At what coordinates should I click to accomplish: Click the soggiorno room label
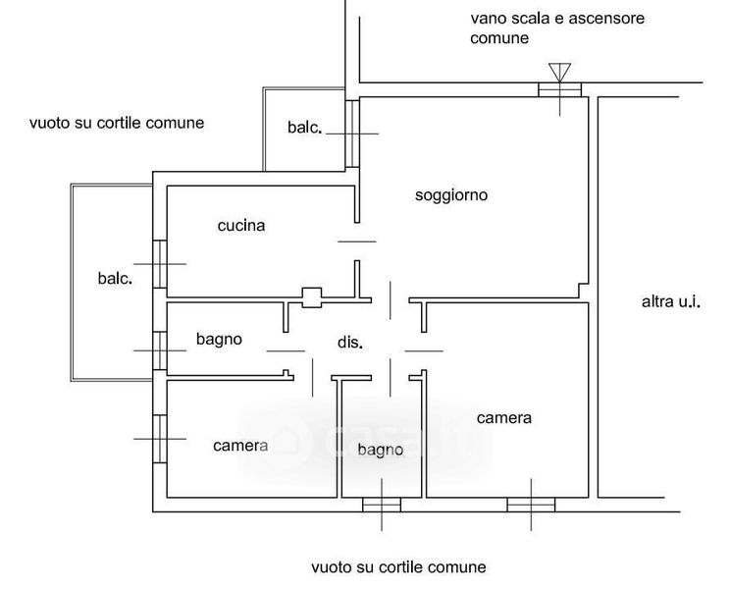[451, 195]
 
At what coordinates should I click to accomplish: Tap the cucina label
[241, 226]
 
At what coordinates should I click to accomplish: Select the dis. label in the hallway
[350, 344]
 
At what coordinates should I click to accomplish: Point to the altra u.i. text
[671, 302]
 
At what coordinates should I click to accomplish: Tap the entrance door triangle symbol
[559, 72]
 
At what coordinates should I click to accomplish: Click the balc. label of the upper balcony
[305, 128]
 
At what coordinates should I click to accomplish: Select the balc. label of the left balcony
[115, 278]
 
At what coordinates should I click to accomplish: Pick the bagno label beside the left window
[219, 340]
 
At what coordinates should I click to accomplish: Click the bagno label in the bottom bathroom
[381, 450]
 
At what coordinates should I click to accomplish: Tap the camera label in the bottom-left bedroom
[240, 446]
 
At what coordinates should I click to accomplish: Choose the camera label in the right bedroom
[504, 418]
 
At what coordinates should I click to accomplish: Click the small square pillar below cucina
[312, 297]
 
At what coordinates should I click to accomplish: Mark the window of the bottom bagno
[381, 505]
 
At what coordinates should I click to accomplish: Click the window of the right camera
[531, 505]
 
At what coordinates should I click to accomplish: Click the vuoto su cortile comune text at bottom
[398, 567]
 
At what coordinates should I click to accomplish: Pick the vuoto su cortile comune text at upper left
[117, 124]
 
